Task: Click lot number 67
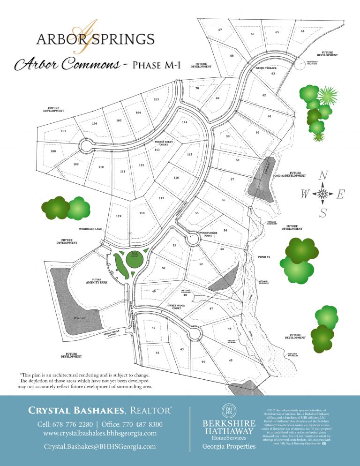pos(220,30)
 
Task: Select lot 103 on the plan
pos(156,99)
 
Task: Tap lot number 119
pos(119,216)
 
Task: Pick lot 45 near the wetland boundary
pos(231,360)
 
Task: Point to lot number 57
pos(232,180)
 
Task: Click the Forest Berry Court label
pos(161,143)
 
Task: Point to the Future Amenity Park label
pos(97,282)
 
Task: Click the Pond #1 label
pos(79,318)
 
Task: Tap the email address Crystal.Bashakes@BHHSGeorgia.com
pos(100,447)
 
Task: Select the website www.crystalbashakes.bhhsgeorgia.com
pos(100,433)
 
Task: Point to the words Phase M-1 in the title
pos(157,65)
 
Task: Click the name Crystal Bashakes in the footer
pos(76,411)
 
